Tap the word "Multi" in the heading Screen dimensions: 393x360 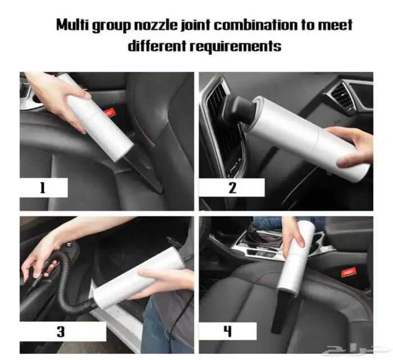point(72,25)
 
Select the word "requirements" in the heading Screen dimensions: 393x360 point(235,47)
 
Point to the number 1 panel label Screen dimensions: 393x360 point(43,188)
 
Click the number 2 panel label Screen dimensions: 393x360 point(232,188)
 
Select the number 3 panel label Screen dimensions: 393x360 point(61,331)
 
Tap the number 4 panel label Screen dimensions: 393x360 point(227,331)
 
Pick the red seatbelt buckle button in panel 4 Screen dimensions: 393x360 point(349,272)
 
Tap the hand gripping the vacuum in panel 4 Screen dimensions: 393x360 point(294,233)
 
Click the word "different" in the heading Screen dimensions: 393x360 point(157,46)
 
